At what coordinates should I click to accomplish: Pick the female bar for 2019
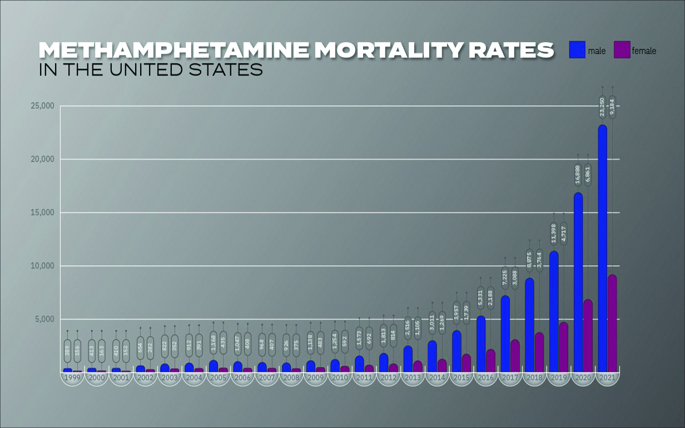pyautogui.click(x=563, y=347)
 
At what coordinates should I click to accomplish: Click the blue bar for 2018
pyautogui.click(x=529, y=325)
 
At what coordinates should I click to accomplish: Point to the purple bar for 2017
pyautogui.click(x=515, y=356)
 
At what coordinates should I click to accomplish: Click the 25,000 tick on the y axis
pyautogui.click(x=42, y=106)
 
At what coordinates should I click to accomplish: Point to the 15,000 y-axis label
pyautogui.click(x=42, y=213)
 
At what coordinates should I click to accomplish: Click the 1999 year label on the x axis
pyautogui.click(x=72, y=378)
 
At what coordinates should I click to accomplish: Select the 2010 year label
pyautogui.click(x=340, y=378)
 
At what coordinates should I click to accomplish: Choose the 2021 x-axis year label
pyautogui.click(x=607, y=378)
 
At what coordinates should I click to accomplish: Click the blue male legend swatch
pyautogui.click(x=578, y=50)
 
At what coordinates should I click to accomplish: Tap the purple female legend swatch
pyautogui.click(x=622, y=50)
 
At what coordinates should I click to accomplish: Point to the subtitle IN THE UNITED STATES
pyautogui.click(x=151, y=71)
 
